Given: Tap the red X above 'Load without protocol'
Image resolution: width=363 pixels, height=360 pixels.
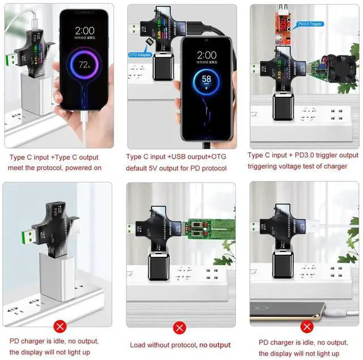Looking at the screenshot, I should click(180, 328).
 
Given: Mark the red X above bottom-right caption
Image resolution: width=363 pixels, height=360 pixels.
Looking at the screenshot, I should click(307, 327).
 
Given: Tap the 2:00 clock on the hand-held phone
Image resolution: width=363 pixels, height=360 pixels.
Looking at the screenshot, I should click(85, 29).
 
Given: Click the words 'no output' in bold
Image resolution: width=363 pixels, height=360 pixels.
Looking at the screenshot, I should click(214, 345).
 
